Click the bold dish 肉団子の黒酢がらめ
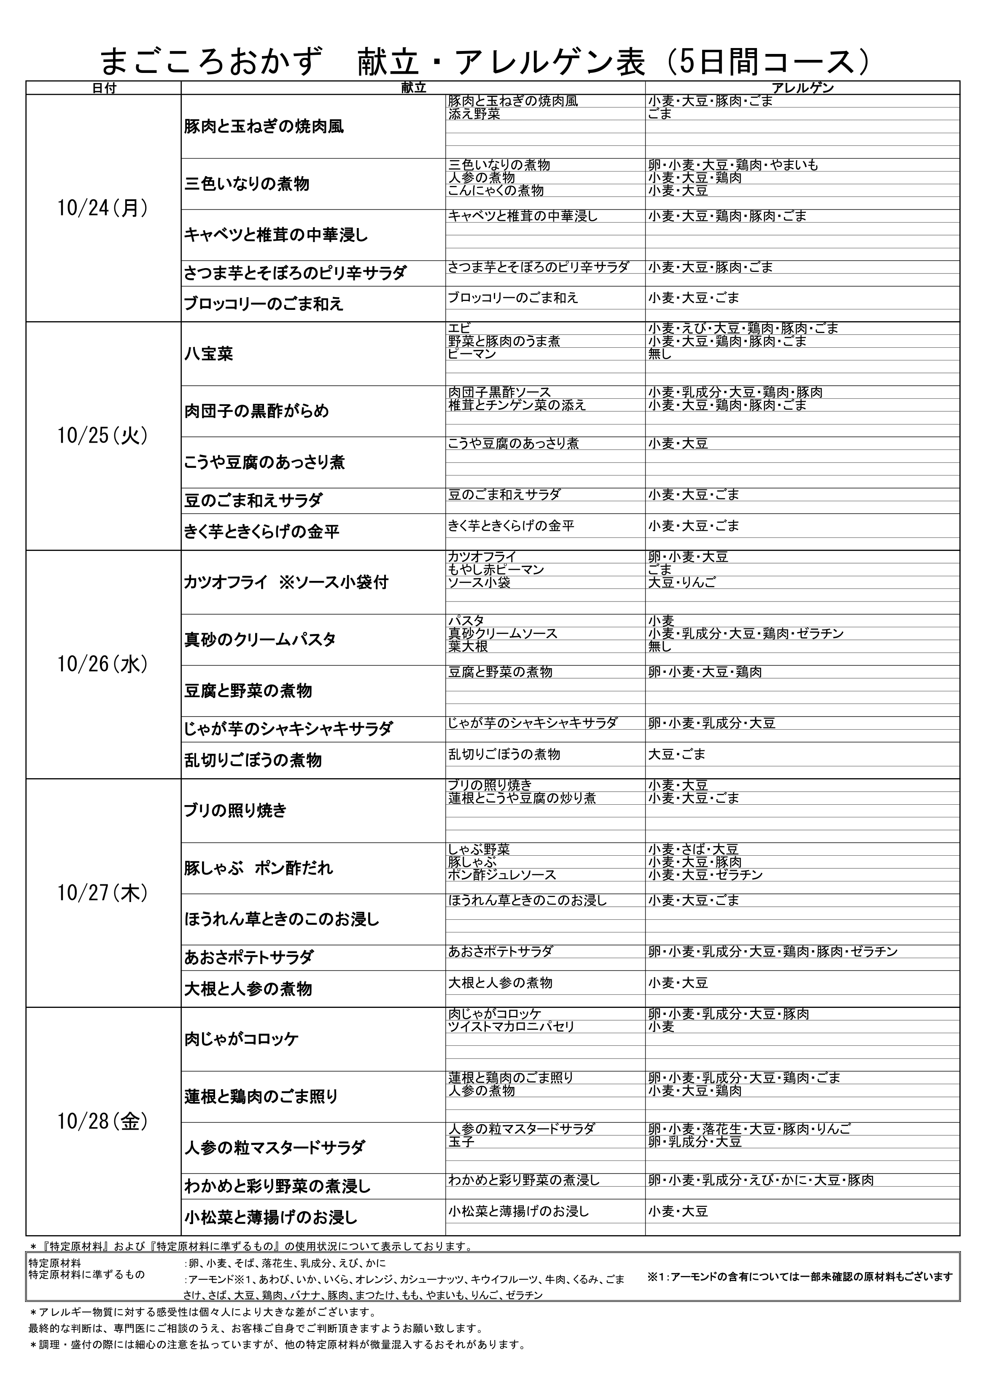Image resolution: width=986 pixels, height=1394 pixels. (x=256, y=411)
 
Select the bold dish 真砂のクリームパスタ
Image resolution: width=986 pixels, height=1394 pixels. (x=260, y=639)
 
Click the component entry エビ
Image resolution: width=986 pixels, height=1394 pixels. (x=459, y=328)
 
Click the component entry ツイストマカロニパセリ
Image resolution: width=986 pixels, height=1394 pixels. (x=512, y=1027)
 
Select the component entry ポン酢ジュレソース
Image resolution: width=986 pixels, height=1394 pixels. (x=502, y=875)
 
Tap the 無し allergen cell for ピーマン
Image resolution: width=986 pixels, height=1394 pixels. (x=660, y=354)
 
